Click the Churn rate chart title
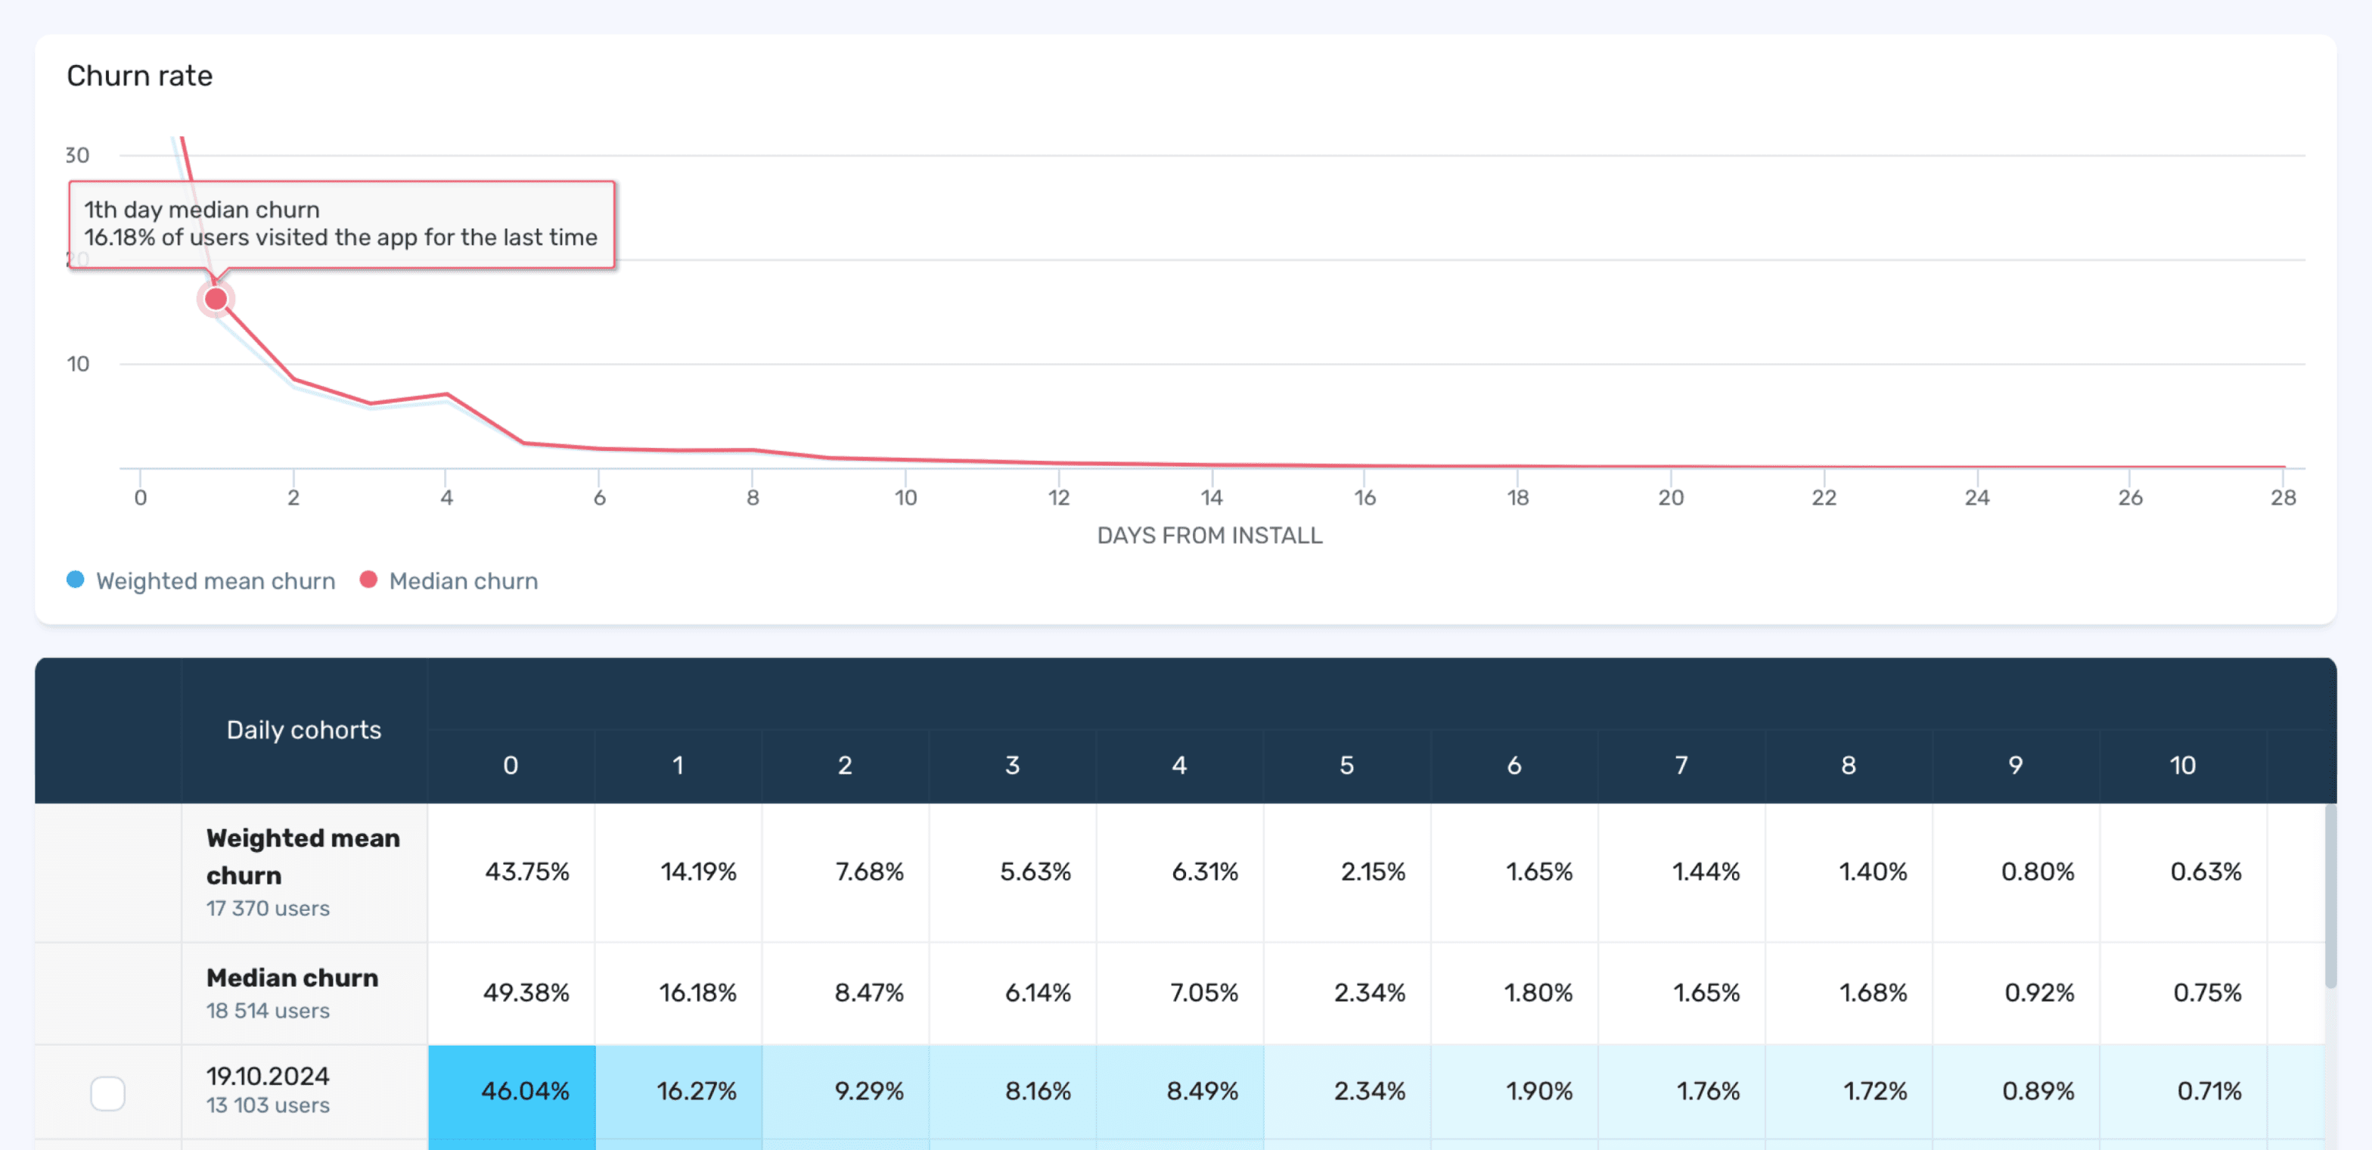click(x=139, y=76)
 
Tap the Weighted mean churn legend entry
click(x=202, y=581)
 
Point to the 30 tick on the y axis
click(x=77, y=154)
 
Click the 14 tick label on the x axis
click(x=1211, y=497)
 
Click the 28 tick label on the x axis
click(x=2283, y=497)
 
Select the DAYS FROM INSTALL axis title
click(x=1209, y=535)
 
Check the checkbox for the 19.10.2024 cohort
click(x=107, y=1093)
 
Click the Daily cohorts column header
click(x=304, y=729)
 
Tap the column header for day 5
click(x=1346, y=765)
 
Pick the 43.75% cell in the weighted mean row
click(x=526, y=871)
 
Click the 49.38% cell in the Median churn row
click(x=526, y=992)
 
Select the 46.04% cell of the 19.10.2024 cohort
click(x=525, y=1091)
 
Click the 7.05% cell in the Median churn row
click(x=1203, y=992)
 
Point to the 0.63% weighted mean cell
click(x=2206, y=871)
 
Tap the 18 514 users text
click(x=267, y=1010)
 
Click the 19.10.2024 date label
click(x=267, y=1075)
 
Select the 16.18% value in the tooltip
click(x=120, y=238)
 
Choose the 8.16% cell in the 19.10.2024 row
click(x=1038, y=1091)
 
